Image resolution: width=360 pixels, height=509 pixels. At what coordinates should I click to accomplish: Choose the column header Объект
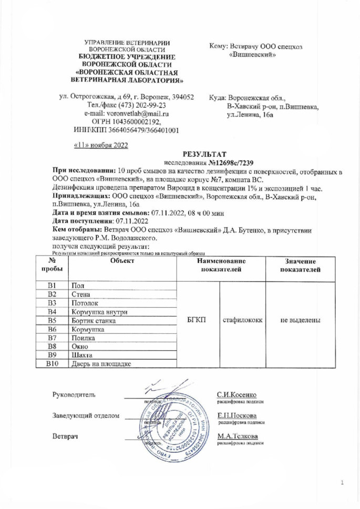tap(123, 262)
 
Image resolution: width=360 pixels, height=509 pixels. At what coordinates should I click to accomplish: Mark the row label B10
tap(52, 362)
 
